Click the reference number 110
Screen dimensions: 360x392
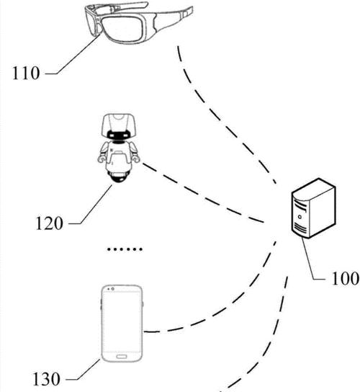[26, 73]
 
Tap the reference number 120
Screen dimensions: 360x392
[49, 223]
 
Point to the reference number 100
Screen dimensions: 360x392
[345, 278]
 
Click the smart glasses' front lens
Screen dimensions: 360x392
[122, 29]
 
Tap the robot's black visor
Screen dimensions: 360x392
[118, 135]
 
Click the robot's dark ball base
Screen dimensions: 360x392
[118, 177]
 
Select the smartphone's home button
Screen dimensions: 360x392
[122, 357]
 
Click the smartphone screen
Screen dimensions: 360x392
[122, 322]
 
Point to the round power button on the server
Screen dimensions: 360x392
[300, 217]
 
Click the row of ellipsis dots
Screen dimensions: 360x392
[125, 249]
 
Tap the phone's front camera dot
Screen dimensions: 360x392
[113, 289]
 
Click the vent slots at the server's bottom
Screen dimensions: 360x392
[300, 228]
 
